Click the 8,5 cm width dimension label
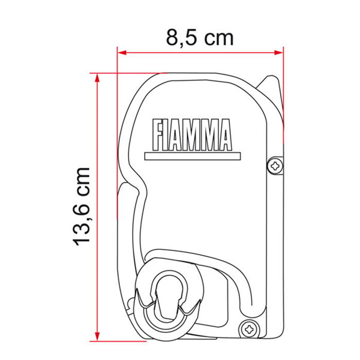pyautogui.click(x=200, y=38)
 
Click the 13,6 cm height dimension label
pyautogui.click(x=81, y=207)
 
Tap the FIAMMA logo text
pyautogui.click(x=192, y=135)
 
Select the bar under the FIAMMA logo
pyautogui.click(x=192, y=156)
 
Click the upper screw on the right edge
pyautogui.click(x=275, y=166)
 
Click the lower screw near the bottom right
pyautogui.click(x=248, y=330)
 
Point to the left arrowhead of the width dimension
pyautogui.click(x=122, y=52)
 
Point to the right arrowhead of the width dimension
pyautogui.click(x=279, y=52)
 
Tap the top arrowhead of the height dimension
pyautogui.click(x=97, y=78)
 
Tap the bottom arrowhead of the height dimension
pyautogui.click(x=97, y=336)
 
